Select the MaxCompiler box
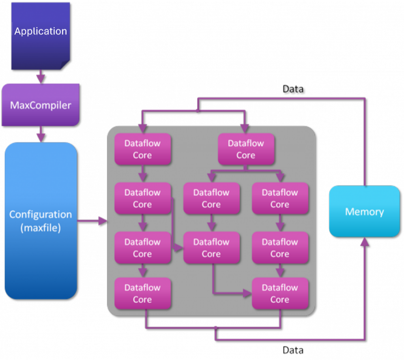coord(40,105)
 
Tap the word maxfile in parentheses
coord(40,227)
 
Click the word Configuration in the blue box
coord(40,214)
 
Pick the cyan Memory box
coord(364,212)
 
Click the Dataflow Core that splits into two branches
coord(245,149)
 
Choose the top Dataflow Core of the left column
coord(142,149)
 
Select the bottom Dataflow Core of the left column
coord(142,293)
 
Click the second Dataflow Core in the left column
coord(142,199)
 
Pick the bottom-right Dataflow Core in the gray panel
coord(279,293)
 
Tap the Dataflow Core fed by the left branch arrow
coord(211,199)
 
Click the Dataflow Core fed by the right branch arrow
coord(279,199)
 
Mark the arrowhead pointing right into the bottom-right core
coord(248,293)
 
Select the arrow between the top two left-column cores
coord(143,174)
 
